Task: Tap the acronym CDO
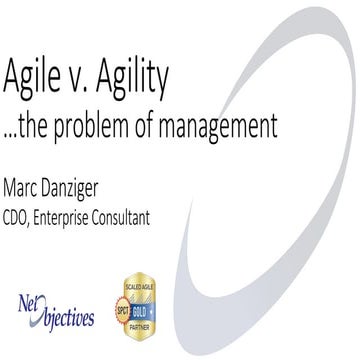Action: coord(21,214)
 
